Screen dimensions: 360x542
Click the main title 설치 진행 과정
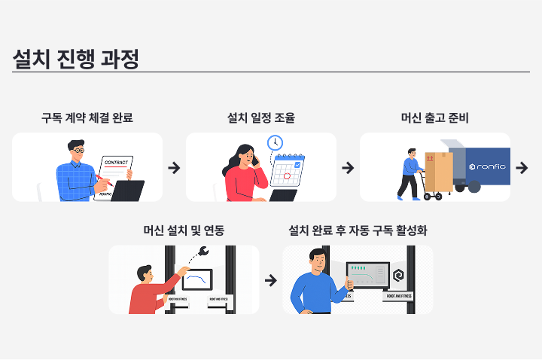(75, 59)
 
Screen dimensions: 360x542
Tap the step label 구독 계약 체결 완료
(87, 117)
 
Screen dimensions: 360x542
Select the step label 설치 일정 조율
(260, 117)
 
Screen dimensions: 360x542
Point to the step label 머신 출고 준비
(435, 117)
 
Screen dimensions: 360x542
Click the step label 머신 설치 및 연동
(184, 230)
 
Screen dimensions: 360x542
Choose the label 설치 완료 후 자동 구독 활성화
(358, 230)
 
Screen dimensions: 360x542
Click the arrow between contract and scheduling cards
(174, 167)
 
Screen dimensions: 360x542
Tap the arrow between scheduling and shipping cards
(348, 167)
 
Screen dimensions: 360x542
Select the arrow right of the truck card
(522, 167)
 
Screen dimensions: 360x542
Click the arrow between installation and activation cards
(271, 280)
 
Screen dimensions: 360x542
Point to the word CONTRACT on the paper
(116, 162)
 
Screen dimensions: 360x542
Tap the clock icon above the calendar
(275, 142)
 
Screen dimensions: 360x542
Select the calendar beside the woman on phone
(287, 171)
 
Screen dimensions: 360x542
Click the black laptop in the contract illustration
(128, 191)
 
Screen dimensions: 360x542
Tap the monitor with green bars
(367, 276)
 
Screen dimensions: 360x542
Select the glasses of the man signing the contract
(78, 152)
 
